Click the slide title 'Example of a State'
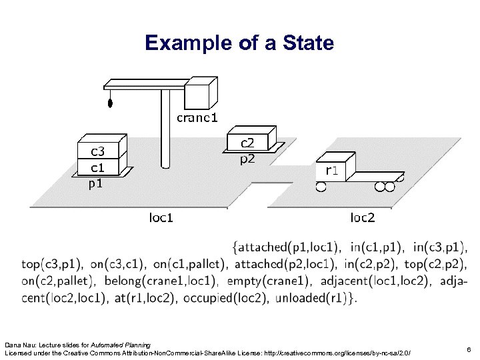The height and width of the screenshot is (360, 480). tap(239, 44)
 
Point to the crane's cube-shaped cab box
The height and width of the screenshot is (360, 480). tap(201, 94)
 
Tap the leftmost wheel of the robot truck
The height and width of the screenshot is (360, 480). tap(321, 187)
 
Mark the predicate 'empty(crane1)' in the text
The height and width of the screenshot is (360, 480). tap(270, 281)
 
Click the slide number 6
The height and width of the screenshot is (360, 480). tap(469, 349)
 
